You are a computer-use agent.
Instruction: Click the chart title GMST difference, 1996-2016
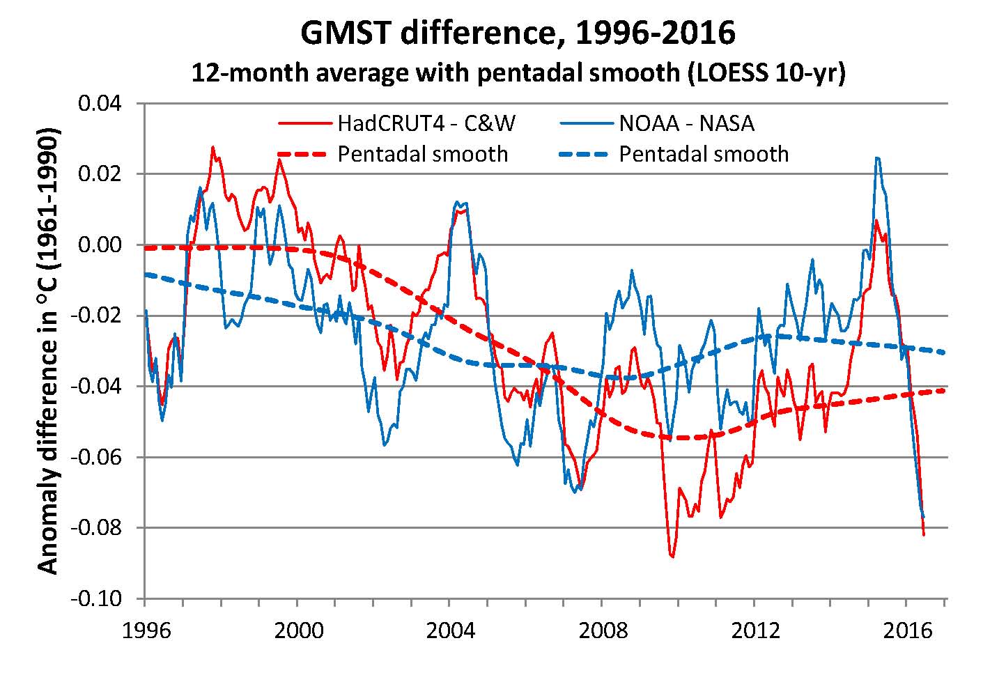(518, 32)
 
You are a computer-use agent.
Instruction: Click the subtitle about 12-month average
(518, 72)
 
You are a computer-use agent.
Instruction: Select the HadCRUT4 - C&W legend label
(426, 124)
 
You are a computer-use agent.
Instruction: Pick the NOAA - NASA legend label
(686, 124)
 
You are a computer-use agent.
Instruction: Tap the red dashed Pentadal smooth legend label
(423, 154)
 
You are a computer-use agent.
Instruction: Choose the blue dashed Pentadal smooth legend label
(704, 154)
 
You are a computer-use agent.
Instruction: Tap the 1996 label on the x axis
(146, 630)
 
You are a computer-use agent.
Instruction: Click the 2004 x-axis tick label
(450, 630)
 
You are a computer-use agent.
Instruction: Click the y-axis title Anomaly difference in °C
(49, 350)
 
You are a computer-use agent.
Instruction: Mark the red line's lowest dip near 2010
(672, 557)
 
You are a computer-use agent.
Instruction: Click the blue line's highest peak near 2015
(877, 158)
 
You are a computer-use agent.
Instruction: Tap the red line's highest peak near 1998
(212, 147)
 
